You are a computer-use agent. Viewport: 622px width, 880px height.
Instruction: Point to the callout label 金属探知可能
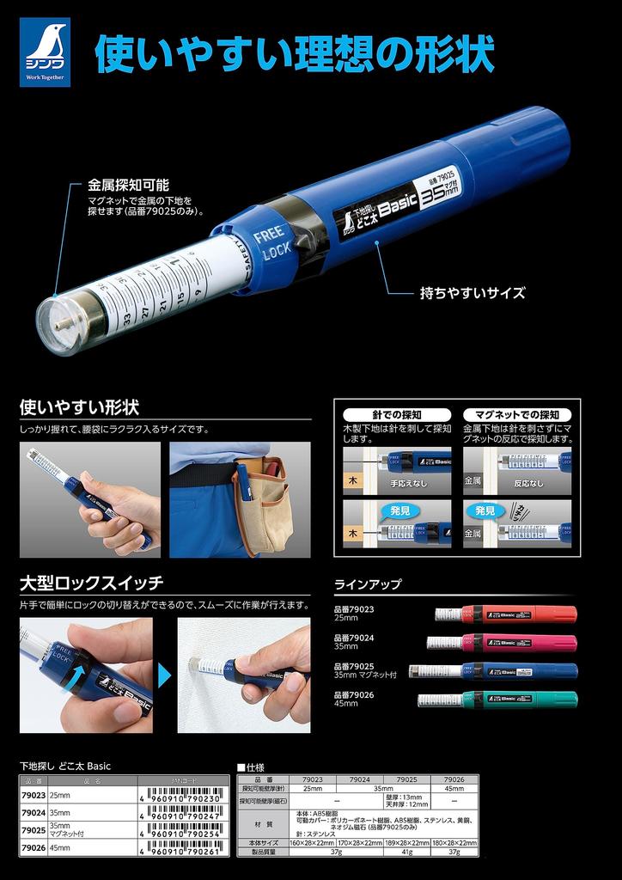(x=128, y=185)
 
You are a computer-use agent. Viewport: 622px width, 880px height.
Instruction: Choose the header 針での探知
(x=397, y=414)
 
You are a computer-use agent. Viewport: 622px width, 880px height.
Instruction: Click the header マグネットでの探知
(x=517, y=414)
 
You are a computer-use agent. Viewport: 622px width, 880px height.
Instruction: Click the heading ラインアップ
(x=368, y=584)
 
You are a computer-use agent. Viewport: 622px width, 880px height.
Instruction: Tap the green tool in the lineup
(x=498, y=699)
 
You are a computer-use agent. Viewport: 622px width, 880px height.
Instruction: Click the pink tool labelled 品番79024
(x=503, y=642)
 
